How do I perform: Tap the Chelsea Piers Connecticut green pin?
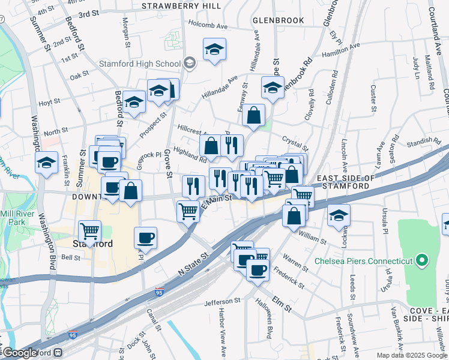pos(422,260)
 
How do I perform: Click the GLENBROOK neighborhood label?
pos(278,20)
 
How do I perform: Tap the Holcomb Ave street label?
pos(208,26)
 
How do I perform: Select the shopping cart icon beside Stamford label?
pos(89,230)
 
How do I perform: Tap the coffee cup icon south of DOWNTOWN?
pos(145,237)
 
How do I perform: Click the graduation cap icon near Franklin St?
pos(46,161)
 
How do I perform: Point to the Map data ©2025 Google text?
pos(411,355)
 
